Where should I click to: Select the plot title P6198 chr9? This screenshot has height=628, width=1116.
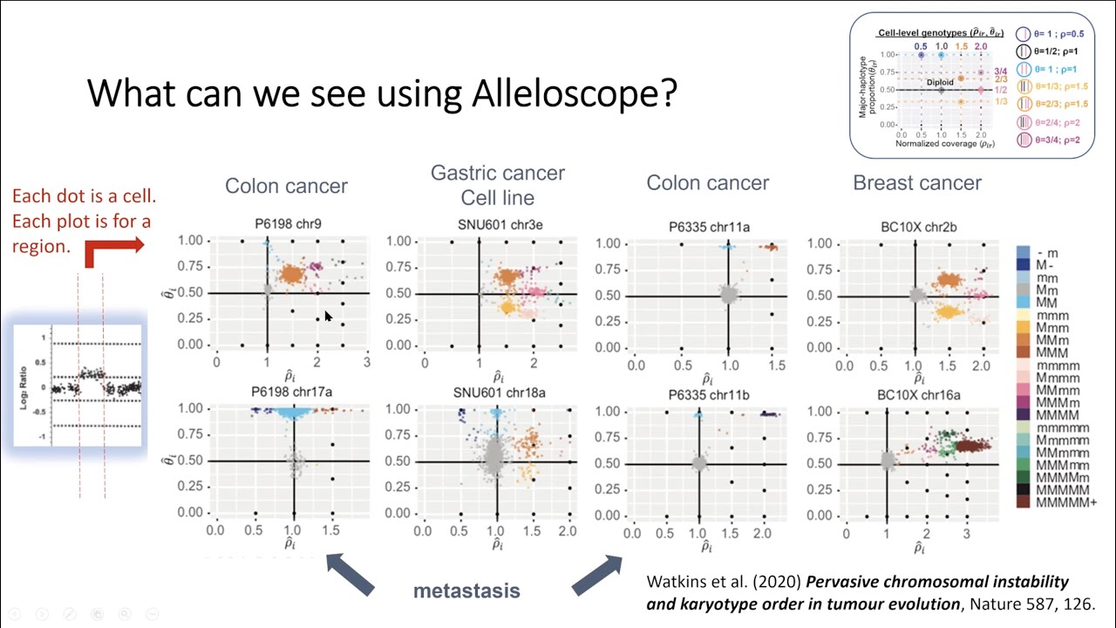(x=288, y=224)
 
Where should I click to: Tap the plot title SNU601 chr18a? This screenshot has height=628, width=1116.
(x=500, y=392)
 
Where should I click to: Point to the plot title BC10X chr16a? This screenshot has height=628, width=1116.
(x=918, y=395)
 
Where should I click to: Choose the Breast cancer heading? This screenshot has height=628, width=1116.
(x=917, y=183)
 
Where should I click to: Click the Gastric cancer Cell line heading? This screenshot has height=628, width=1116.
(x=498, y=185)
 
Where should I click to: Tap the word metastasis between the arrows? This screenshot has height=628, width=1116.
(x=466, y=590)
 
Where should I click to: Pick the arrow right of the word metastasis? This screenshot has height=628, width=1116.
(x=596, y=574)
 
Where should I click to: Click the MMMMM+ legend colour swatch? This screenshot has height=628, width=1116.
(x=1025, y=502)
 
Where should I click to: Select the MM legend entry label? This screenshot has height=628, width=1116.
(x=1046, y=301)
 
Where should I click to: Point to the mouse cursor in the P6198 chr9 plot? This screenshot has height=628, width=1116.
(x=328, y=317)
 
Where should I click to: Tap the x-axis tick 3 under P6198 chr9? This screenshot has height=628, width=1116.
(x=367, y=362)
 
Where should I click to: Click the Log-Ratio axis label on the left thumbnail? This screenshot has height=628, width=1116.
(x=24, y=383)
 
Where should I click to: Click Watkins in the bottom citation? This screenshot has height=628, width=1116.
(x=676, y=582)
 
